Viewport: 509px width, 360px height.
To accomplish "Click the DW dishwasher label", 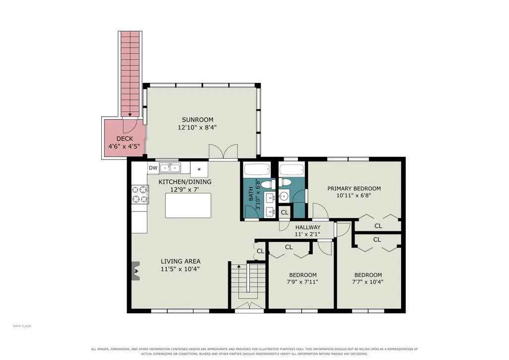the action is click(x=153, y=168).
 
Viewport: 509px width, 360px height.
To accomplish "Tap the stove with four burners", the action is click(x=140, y=195).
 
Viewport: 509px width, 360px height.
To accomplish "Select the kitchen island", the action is click(x=188, y=206).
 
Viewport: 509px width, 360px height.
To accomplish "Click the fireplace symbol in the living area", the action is click(x=136, y=271).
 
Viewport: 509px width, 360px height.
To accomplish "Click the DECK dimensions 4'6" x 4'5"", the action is click(x=124, y=146).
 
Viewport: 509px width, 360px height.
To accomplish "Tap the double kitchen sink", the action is click(x=170, y=168).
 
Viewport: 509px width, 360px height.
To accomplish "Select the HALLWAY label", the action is click(x=308, y=227).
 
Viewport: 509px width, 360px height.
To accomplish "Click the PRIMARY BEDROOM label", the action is click(x=354, y=189).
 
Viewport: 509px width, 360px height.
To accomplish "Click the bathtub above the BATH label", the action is click(x=257, y=169).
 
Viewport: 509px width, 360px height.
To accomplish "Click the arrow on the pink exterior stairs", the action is click(x=130, y=114).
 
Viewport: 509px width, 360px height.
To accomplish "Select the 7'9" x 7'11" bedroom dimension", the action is click(x=302, y=282).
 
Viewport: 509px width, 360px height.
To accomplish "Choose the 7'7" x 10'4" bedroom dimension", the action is click(x=367, y=282).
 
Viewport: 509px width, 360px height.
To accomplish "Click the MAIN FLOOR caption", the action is click(x=22, y=326).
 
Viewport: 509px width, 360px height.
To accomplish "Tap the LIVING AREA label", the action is click(x=180, y=261).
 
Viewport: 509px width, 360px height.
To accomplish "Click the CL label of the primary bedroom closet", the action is click(x=378, y=226).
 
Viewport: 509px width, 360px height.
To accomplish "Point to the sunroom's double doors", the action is click(x=223, y=152).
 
